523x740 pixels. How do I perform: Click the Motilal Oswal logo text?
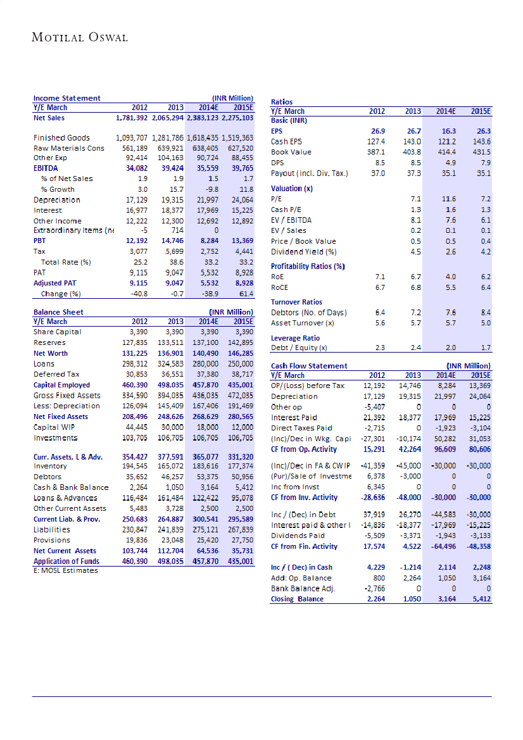coord(80,37)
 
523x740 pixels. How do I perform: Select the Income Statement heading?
coord(66,98)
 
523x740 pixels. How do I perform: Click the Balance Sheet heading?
coord(58,312)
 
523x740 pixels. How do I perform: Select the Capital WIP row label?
coord(55,427)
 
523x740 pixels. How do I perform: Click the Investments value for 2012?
coord(134,438)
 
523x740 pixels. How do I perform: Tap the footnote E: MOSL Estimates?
coord(66,571)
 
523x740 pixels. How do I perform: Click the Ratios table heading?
coord(281,101)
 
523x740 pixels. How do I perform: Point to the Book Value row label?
coord(291,152)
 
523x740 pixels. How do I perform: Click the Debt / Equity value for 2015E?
coord(486,348)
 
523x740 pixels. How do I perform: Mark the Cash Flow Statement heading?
coord(309,366)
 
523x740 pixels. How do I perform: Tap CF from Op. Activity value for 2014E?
coord(443,449)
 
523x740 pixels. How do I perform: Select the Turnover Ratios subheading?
coord(296,302)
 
